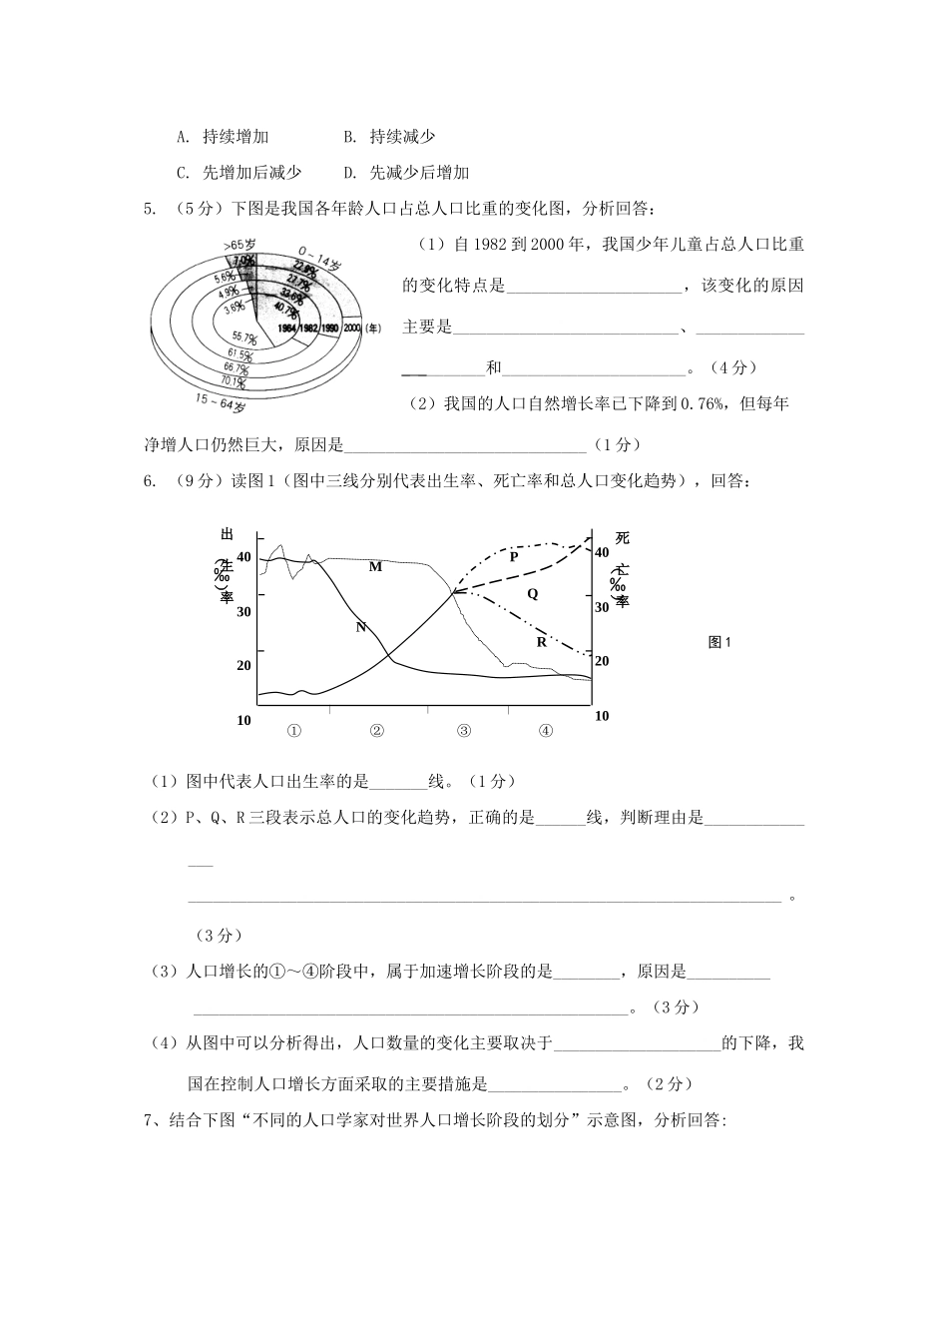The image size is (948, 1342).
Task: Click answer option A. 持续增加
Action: click(223, 137)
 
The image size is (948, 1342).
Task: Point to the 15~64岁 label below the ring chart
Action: click(221, 402)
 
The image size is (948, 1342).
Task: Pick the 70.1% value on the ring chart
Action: click(236, 380)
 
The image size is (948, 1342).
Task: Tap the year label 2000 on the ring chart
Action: click(352, 328)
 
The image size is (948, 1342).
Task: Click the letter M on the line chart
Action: click(375, 567)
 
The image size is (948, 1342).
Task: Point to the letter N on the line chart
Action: click(361, 627)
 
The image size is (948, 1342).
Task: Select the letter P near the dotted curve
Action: click(514, 557)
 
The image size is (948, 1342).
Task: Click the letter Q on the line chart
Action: click(532, 593)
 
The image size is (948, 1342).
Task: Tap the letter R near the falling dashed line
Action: click(542, 642)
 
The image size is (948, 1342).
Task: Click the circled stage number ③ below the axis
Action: click(464, 730)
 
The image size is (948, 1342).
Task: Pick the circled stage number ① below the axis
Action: click(294, 730)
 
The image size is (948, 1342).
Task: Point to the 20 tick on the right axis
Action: click(601, 661)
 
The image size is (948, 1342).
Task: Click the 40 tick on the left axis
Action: click(244, 557)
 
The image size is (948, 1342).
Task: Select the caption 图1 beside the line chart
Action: click(719, 643)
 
